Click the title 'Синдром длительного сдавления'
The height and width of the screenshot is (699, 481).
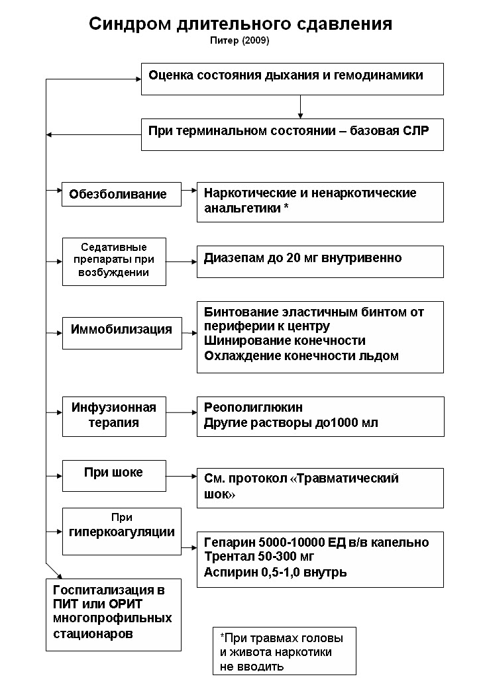pos(240,24)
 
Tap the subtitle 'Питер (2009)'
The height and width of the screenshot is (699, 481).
pos(240,40)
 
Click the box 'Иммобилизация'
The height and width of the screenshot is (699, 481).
pos(121,329)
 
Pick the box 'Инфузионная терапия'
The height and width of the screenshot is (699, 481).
pos(114,416)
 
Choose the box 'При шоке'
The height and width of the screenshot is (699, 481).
pos(114,473)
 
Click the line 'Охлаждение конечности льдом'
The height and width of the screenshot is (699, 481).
pos(301,356)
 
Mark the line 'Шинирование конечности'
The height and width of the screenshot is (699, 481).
pos(285,341)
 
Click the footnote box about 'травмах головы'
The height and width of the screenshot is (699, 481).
pos(284,651)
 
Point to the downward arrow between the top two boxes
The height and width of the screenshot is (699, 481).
pos(300,106)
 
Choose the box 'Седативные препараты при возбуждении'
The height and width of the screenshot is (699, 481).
pos(114,261)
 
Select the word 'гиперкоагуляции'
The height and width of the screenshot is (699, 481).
pos(122,531)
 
